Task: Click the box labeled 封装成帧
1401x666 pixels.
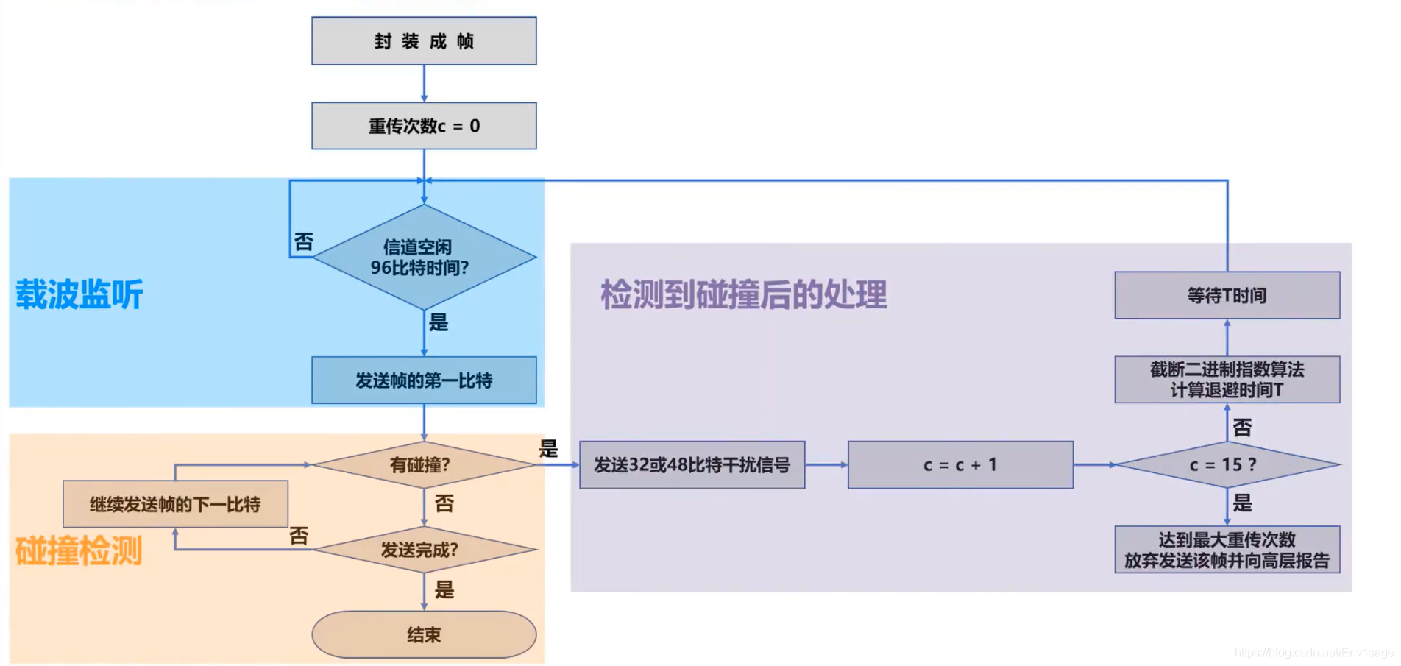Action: [424, 41]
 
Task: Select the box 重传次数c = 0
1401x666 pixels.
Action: [424, 126]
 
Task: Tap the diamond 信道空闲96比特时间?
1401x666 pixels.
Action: [424, 257]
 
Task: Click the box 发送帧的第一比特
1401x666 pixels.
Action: [424, 380]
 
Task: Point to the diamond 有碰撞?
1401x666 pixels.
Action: [424, 464]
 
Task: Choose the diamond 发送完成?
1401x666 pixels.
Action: [424, 549]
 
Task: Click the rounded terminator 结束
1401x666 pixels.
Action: [424, 634]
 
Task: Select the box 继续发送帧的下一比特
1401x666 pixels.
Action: [175, 504]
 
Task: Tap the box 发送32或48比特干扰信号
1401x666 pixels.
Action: [692, 464]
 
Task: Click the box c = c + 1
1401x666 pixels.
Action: [960, 464]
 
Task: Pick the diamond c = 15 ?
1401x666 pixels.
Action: [1227, 464]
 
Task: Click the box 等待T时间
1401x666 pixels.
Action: [1227, 295]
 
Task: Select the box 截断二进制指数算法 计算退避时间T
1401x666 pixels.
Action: [1227, 380]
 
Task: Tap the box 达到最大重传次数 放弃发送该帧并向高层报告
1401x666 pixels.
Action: [1227, 550]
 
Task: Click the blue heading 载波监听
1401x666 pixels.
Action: [79, 294]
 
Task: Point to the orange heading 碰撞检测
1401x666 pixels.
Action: [79, 550]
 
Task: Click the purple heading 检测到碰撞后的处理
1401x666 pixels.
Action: [743, 294]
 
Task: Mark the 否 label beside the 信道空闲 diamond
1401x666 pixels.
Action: [304, 242]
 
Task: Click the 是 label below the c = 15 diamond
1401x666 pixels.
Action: [1243, 503]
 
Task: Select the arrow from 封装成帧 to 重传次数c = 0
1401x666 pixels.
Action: [424, 83]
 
